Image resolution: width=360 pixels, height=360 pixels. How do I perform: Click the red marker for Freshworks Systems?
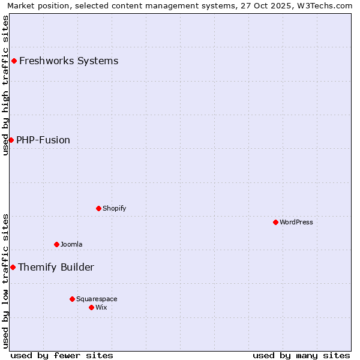(14, 61)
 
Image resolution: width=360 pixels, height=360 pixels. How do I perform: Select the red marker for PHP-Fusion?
(11, 140)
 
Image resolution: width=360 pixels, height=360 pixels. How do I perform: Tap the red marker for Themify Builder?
(13, 267)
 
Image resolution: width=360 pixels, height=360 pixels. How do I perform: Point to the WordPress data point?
(275, 222)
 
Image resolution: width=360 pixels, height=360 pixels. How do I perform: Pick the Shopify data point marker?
(98, 208)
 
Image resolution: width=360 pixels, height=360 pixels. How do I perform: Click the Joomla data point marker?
(56, 244)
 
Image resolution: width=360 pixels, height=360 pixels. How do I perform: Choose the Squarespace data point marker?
(72, 299)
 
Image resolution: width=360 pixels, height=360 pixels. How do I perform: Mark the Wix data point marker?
(91, 307)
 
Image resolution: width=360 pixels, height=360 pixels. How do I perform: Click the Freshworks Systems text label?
(68, 61)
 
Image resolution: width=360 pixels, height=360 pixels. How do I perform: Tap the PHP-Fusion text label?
(43, 140)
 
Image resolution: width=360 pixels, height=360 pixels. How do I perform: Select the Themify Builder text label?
(56, 267)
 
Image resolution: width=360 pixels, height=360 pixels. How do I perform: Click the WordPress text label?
(296, 222)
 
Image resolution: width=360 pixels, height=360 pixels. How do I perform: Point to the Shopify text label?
(114, 208)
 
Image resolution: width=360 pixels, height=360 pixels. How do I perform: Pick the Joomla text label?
(71, 244)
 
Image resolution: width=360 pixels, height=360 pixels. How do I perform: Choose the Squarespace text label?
(97, 299)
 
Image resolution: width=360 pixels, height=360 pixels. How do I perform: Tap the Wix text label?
(101, 307)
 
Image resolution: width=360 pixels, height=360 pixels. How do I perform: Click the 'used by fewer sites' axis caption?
(62, 355)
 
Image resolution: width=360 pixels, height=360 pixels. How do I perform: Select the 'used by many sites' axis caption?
(301, 355)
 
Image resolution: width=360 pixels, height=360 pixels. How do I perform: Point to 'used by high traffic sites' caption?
(5, 85)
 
